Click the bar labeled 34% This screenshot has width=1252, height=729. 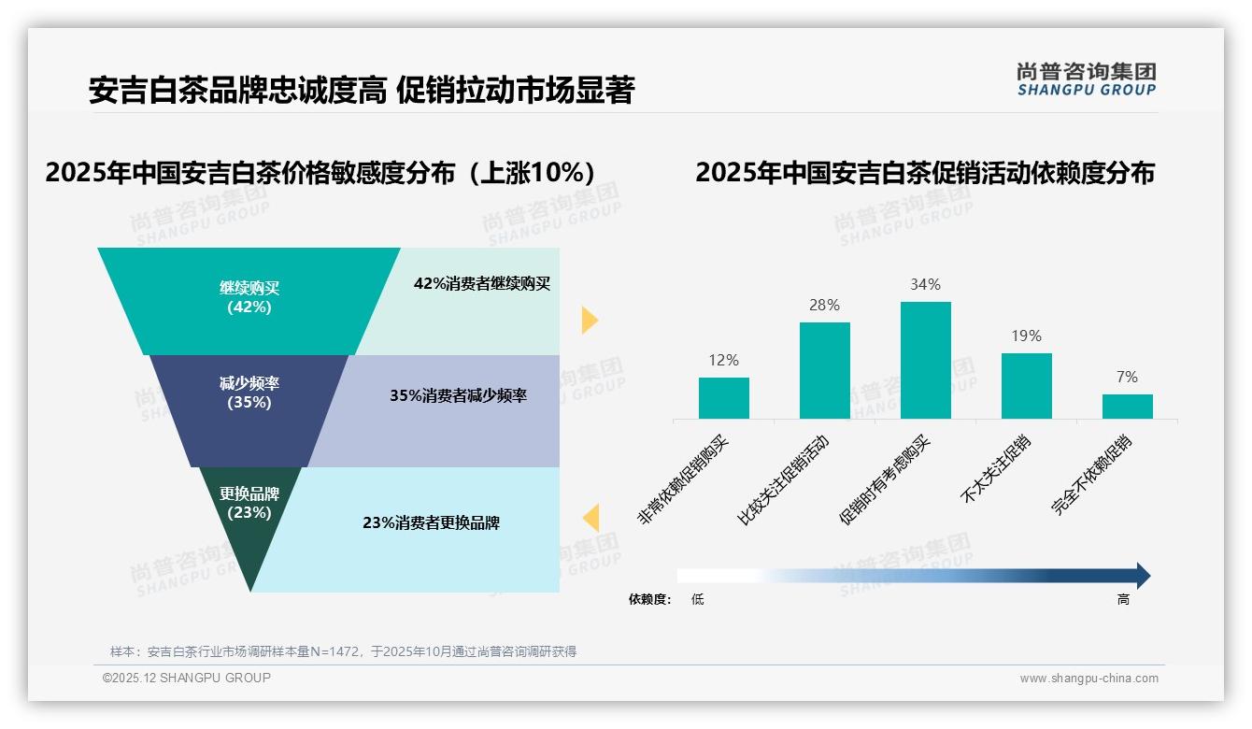pos(925,360)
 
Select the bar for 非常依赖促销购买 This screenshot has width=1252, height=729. pos(723,398)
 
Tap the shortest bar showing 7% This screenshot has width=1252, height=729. pos(1127,407)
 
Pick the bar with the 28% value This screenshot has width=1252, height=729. pos(824,370)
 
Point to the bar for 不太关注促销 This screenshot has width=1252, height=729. pos(1026,386)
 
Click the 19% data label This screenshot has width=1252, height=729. pos(1026,336)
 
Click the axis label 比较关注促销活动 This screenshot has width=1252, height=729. pos(783,479)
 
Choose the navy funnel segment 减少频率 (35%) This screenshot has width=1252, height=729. pos(249,393)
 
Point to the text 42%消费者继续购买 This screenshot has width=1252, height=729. pos(482,284)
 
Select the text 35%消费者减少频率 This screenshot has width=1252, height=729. pos(458,395)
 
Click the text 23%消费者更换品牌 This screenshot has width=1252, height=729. pos(431,523)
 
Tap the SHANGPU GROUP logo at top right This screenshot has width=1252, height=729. pos(1086,79)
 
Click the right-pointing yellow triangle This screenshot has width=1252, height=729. pos(589,320)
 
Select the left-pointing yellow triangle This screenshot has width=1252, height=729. pos(590,518)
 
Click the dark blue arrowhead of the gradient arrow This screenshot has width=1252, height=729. pos(1143,576)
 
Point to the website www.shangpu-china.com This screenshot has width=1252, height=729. pos(1088,679)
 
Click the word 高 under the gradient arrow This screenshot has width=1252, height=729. pos(1123,599)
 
